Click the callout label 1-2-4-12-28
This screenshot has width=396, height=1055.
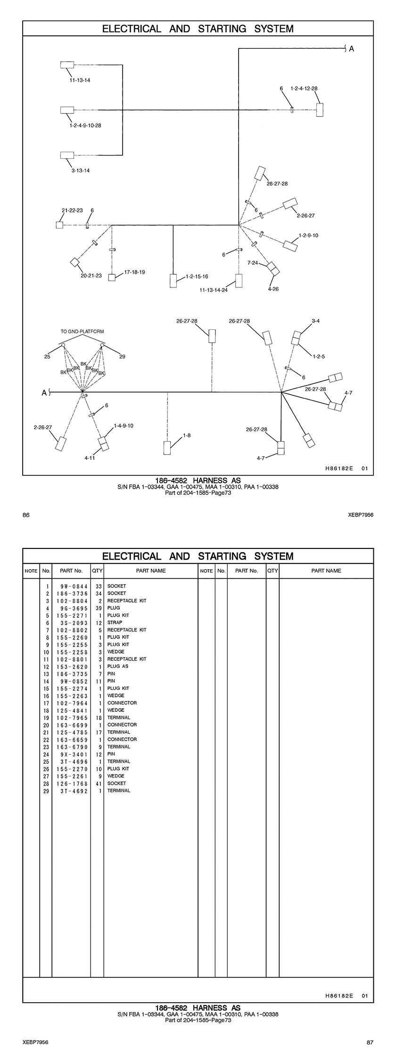click(x=304, y=88)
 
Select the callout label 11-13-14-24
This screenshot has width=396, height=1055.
click(x=214, y=290)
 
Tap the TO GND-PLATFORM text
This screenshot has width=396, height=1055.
click(x=82, y=331)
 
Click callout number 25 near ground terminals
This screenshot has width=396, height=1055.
click(x=47, y=357)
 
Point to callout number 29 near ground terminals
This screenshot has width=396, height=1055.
click(x=122, y=357)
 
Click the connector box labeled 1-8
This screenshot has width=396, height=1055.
click(x=167, y=448)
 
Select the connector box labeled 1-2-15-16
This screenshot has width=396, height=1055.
click(x=173, y=280)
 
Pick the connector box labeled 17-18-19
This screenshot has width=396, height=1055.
click(x=112, y=278)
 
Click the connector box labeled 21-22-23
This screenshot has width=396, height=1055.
click(x=59, y=225)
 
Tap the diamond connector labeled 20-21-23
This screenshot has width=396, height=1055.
click(x=74, y=262)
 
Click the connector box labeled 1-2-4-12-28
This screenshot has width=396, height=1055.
click(x=320, y=110)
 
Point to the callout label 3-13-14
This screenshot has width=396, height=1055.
click(x=81, y=171)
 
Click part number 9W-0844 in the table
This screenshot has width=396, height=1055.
click(x=71, y=586)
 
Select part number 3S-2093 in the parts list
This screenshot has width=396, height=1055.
click(x=71, y=622)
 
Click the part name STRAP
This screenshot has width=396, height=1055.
click(x=115, y=622)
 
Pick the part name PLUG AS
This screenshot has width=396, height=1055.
click(x=118, y=666)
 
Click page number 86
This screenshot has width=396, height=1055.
click(x=26, y=515)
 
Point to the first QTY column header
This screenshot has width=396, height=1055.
click(x=97, y=571)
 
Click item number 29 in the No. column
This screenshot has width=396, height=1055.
click(x=47, y=791)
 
